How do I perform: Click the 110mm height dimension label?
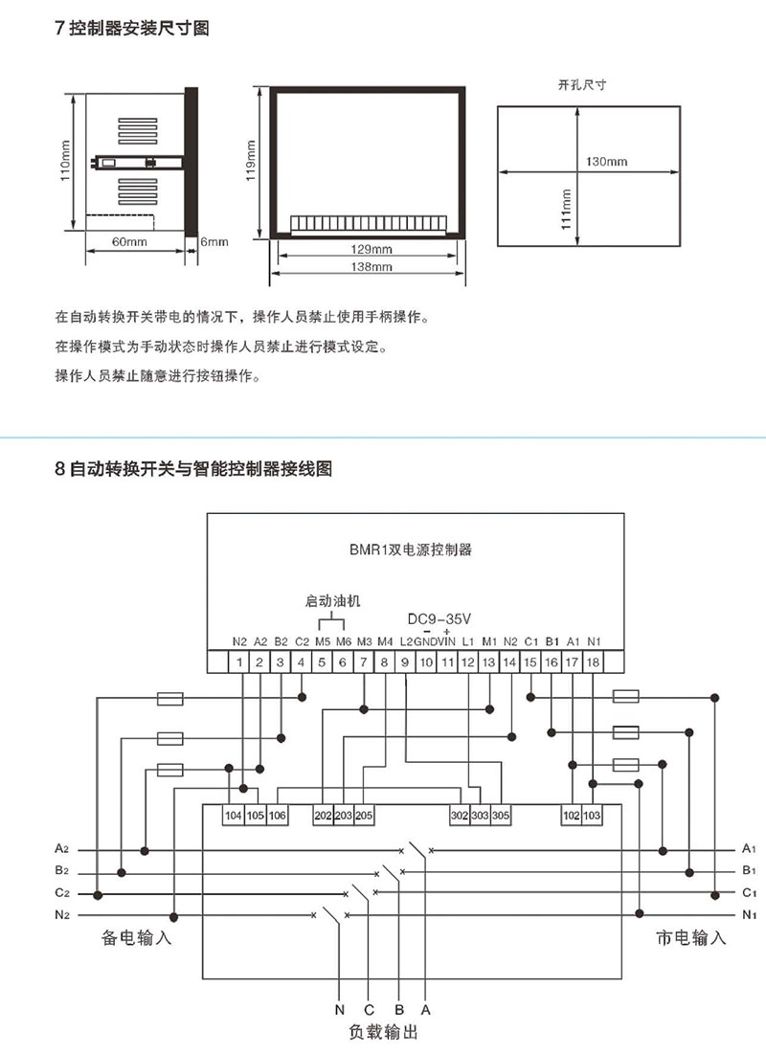(65, 163)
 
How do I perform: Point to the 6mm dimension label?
(214, 242)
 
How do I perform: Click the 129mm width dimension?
(368, 250)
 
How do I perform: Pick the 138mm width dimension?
(368, 268)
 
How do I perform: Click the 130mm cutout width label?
(606, 162)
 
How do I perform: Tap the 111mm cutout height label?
(567, 209)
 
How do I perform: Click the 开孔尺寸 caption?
(582, 84)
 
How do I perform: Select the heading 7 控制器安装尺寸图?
(132, 29)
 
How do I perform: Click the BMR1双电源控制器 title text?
(411, 550)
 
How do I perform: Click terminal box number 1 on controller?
(238, 661)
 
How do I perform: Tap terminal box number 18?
(593, 661)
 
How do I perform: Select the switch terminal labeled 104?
(234, 816)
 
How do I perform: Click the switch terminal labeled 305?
(501, 816)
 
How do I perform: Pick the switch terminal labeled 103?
(592, 816)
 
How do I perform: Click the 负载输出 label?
(383, 1033)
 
